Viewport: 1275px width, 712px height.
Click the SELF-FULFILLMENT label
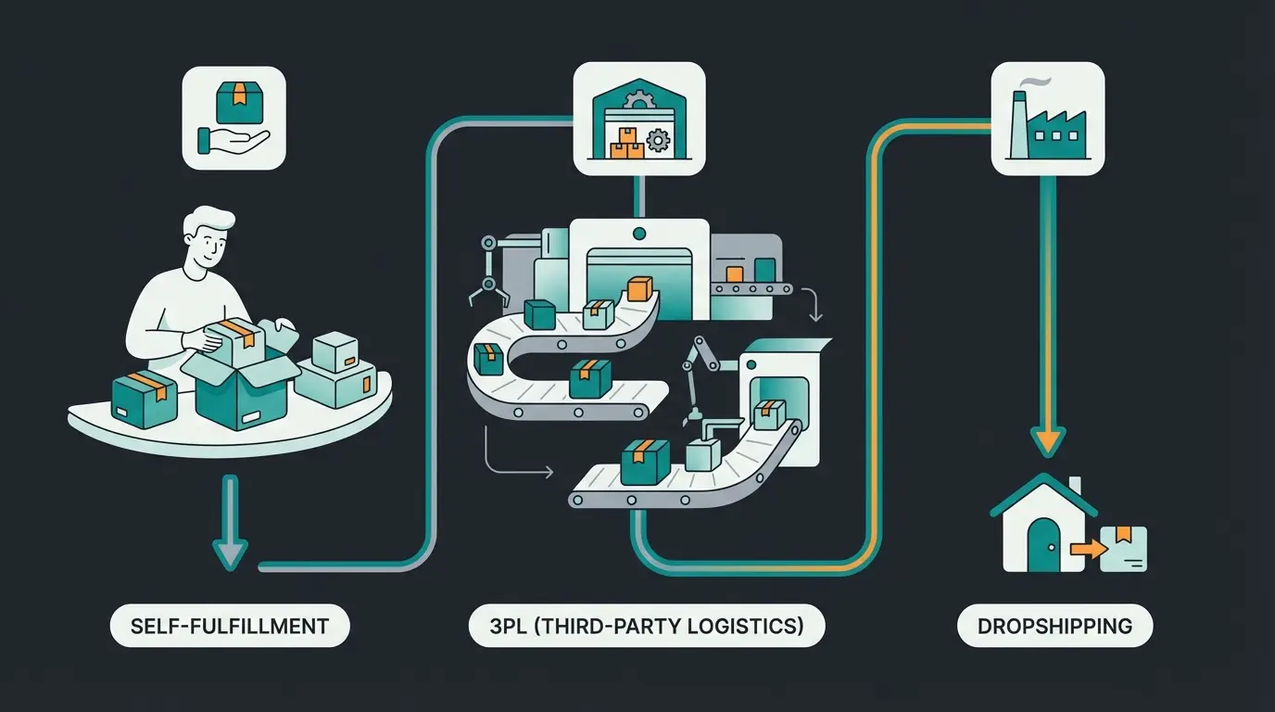pos(230,626)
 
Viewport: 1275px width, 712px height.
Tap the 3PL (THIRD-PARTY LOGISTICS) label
pos(646,626)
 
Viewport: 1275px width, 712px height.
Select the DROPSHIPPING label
pos(1054,626)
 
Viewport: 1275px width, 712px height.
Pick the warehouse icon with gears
pos(639,119)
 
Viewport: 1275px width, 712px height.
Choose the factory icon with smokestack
pos(1047,119)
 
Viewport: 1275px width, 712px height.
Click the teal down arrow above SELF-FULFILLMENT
pos(230,525)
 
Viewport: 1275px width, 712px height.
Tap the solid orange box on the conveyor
pos(640,288)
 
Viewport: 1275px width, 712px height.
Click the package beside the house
pos(1124,548)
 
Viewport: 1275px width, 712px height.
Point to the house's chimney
pos(1074,487)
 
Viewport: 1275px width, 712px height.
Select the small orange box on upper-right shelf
pos(734,273)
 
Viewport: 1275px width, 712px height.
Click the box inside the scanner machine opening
pos(768,414)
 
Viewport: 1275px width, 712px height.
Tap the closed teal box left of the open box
pos(144,400)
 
